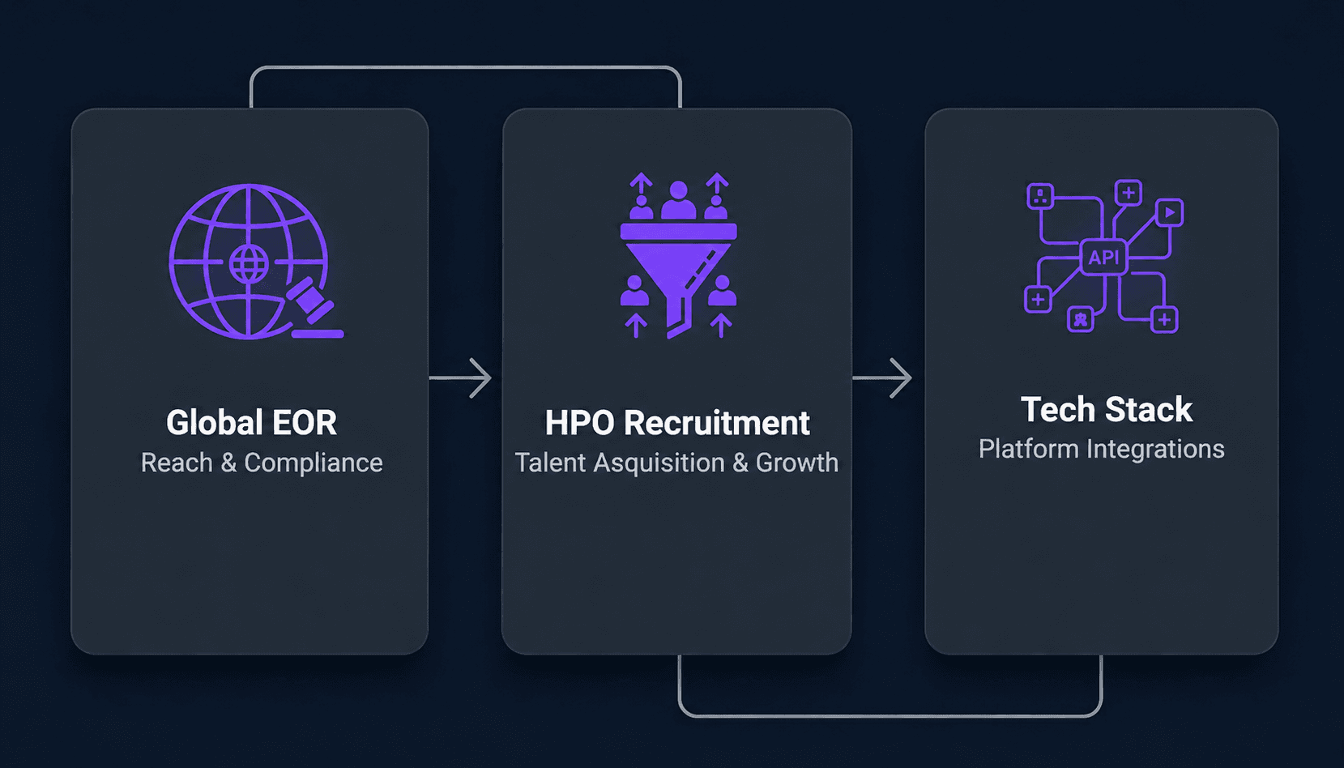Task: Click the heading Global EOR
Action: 251,422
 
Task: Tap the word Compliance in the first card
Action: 314,463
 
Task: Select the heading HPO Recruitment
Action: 677,422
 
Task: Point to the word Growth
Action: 797,463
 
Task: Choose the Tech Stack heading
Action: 1107,409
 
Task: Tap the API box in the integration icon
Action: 1103,258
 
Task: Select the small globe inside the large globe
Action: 249,263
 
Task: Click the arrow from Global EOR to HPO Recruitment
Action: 460,378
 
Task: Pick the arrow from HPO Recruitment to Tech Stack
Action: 882,378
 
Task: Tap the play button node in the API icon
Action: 1169,212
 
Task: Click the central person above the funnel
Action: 679,200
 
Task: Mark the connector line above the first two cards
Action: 466,67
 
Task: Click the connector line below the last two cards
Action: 890,715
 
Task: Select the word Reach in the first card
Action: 177,463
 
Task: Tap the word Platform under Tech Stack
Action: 1028,450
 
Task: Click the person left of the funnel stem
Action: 635,290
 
